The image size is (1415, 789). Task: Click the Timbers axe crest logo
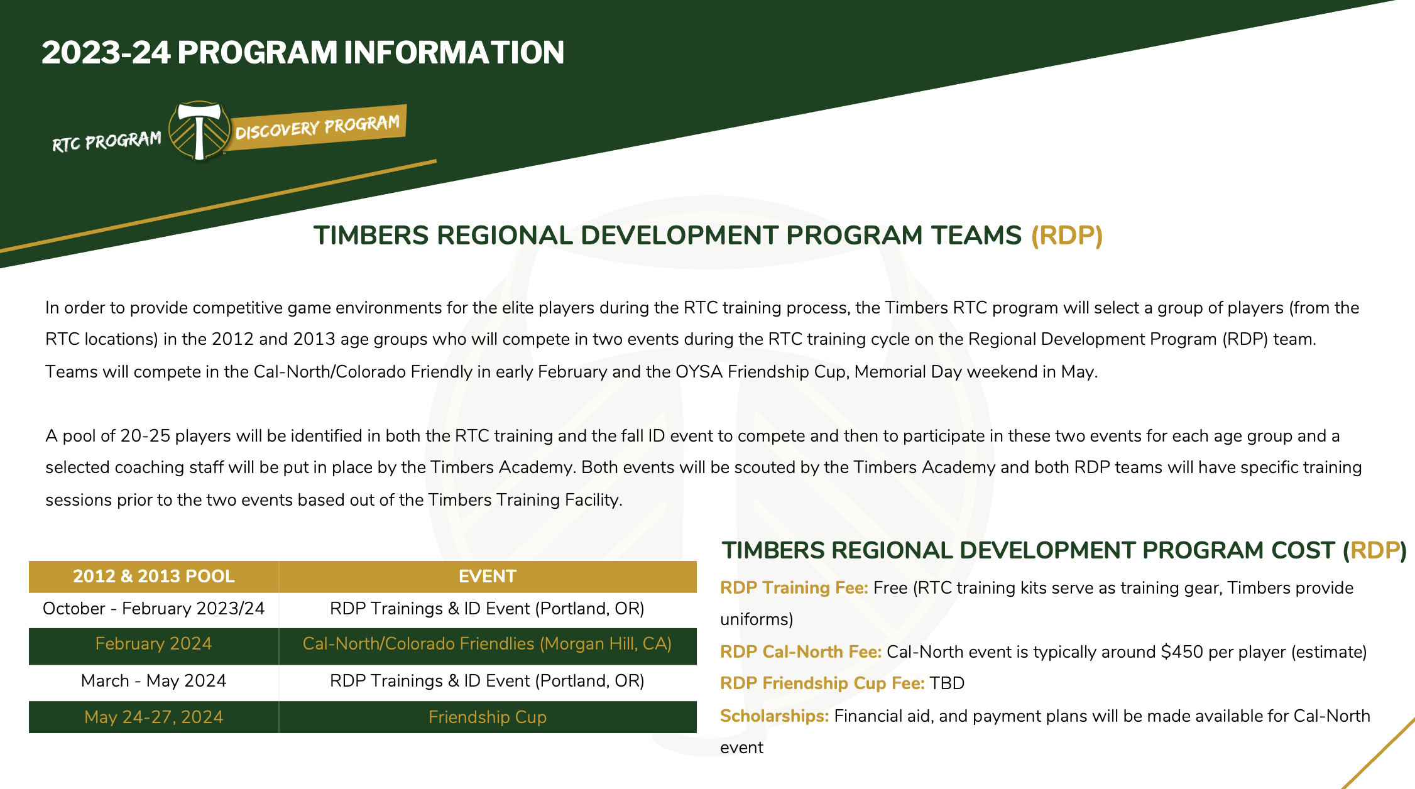coord(199,130)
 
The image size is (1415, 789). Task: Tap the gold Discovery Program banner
coord(317,127)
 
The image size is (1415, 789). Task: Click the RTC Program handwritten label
coord(106,141)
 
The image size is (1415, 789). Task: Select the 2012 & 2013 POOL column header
coord(153,576)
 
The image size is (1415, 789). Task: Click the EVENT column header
coord(487,576)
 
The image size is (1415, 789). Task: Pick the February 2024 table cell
coord(153,644)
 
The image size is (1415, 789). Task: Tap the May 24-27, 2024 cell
coord(153,717)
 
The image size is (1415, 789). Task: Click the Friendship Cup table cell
coord(487,717)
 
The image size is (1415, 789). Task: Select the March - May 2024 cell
coord(153,681)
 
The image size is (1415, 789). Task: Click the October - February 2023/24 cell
coord(153,609)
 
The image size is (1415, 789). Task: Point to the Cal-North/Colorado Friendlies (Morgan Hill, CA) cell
coord(487,644)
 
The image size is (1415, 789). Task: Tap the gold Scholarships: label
coord(774,716)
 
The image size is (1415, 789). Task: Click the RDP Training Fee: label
coord(794,588)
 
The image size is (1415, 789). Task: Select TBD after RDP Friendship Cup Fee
coord(947,683)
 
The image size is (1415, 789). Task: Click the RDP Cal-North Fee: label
coord(800,652)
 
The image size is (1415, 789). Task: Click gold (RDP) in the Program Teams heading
coord(1066,236)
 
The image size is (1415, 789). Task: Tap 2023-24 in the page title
coord(106,52)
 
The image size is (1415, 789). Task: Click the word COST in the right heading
coord(1299,550)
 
